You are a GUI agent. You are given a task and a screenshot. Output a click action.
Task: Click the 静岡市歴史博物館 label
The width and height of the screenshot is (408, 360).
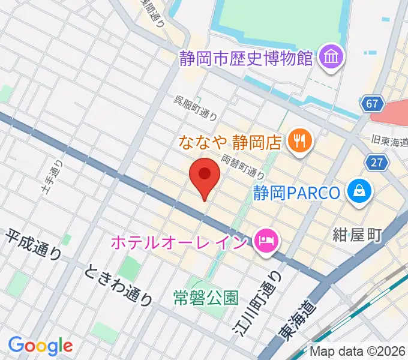pos(247,58)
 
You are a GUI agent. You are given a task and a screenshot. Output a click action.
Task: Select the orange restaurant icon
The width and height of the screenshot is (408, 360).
pos(298,142)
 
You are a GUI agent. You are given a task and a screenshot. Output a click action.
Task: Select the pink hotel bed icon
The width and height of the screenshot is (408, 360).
pos(264,242)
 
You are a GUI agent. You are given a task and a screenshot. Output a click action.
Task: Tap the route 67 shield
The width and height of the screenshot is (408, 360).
pos(373,104)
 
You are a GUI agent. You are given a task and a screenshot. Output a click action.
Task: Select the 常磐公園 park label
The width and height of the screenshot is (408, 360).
pos(206,296)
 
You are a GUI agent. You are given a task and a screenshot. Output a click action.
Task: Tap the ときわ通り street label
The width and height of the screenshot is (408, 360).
pos(118,284)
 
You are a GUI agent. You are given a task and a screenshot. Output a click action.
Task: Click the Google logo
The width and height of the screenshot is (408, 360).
pos(40,346)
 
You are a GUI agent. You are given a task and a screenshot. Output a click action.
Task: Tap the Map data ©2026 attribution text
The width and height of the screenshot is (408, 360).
pos(358,352)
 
